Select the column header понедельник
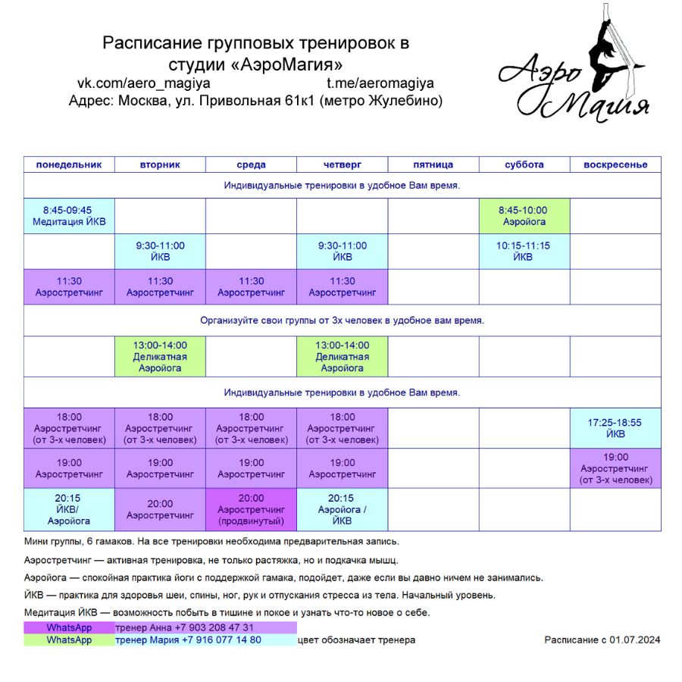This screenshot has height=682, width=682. coord(69,164)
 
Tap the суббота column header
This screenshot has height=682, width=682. coord(524,164)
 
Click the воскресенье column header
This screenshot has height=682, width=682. coord(615,164)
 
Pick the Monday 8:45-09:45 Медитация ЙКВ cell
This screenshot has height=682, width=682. coord(69,216)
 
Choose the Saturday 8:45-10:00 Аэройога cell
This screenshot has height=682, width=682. coord(524,216)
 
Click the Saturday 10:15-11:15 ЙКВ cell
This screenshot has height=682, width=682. coord(524,252)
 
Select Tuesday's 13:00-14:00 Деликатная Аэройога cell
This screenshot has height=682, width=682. coord(160,356)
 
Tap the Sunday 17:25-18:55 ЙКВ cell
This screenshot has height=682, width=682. coord(615,428)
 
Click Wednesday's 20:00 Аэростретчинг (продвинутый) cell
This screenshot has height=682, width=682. coord(251,509)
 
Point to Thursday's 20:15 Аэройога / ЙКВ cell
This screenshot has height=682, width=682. coord(342,509)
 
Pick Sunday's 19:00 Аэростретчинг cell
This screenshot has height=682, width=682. coord(615,468)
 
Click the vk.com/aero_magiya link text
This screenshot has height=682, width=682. coord(144,83)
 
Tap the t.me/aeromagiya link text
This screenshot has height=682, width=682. coord(380,83)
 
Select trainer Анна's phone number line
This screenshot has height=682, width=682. coord(184,627)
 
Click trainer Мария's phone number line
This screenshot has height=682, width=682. coord(188,640)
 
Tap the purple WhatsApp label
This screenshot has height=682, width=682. coord(69,627)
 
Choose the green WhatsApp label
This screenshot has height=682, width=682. coord(69,640)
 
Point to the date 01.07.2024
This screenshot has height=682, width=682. coord(635,640)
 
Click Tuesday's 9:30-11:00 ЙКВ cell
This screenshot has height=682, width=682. coord(160,252)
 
